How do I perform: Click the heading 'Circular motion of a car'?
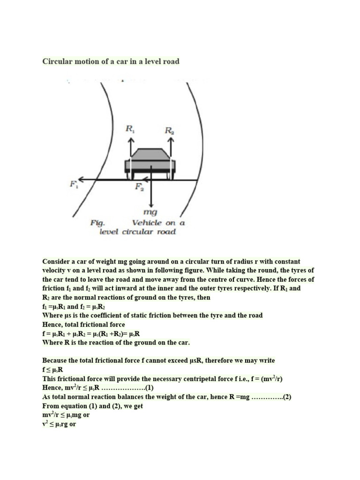111,61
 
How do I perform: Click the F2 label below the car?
140,187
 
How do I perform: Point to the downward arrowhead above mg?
151,204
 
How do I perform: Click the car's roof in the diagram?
151,153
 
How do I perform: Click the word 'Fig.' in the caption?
97,223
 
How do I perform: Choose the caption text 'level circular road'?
137,232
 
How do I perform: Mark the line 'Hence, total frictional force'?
83,324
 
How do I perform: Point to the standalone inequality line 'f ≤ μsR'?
52,369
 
